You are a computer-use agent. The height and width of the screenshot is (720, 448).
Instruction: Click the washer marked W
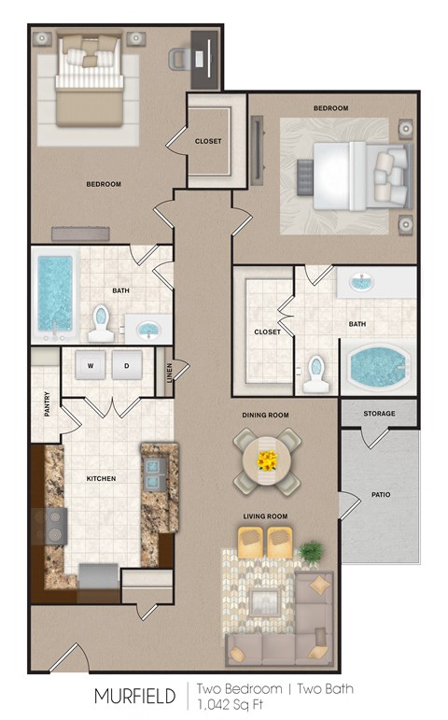click(92, 366)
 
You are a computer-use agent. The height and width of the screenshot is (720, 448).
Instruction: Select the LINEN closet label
click(169, 371)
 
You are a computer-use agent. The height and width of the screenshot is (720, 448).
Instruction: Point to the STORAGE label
click(379, 414)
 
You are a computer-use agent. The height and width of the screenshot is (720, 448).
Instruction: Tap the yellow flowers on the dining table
click(267, 459)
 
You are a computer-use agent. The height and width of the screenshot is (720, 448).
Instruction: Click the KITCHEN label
click(101, 479)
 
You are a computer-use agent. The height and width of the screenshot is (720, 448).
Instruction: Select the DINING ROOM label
click(266, 414)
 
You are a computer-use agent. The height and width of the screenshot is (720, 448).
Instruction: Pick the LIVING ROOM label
click(266, 516)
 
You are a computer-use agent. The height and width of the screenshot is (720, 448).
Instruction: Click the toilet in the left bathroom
click(101, 323)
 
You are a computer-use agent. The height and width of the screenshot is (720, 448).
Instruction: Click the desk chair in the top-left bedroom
click(179, 59)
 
